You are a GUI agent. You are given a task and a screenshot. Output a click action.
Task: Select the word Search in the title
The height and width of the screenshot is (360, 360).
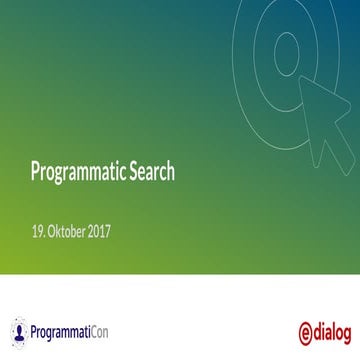click(152, 171)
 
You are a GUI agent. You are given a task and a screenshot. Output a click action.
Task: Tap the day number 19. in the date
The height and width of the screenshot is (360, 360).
click(38, 232)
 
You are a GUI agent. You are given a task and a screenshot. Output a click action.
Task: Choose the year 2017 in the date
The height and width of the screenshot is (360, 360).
click(99, 232)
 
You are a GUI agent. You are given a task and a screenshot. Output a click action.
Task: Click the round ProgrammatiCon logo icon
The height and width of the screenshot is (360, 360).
click(19, 329)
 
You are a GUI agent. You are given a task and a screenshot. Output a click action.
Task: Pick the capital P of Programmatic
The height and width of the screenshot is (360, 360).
click(35, 171)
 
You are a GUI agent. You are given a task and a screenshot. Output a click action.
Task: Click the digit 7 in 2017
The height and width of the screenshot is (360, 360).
click(107, 232)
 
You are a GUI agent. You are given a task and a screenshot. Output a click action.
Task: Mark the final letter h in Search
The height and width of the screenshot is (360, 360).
click(171, 171)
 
